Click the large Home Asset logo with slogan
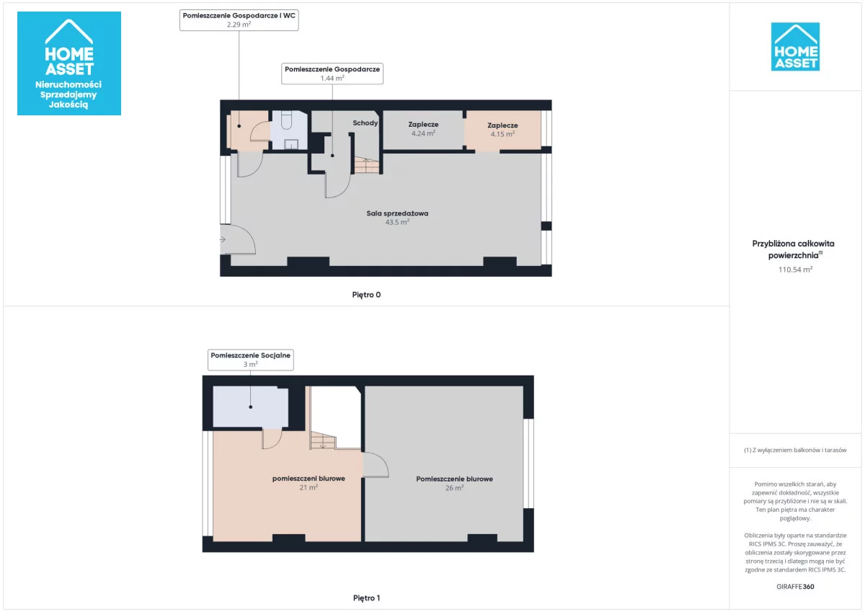[69, 63]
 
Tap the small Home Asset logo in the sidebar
[795, 47]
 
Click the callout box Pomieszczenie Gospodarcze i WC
[239, 20]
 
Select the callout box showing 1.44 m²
[332, 74]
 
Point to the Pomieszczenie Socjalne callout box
[251, 360]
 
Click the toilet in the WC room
[287, 120]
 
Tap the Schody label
[365, 123]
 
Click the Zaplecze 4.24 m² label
[423, 129]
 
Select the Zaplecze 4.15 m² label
[502, 130]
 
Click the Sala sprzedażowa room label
[397, 218]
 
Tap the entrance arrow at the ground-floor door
[223, 239]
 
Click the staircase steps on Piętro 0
[366, 165]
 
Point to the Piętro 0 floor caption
[366, 295]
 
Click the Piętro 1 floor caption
[366, 598]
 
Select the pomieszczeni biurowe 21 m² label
[309, 483]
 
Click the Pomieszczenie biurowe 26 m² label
[455, 483]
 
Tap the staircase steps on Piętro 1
[323, 440]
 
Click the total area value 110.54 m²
[795, 270]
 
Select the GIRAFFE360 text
[795, 587]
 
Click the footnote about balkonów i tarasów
[795, 450]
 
